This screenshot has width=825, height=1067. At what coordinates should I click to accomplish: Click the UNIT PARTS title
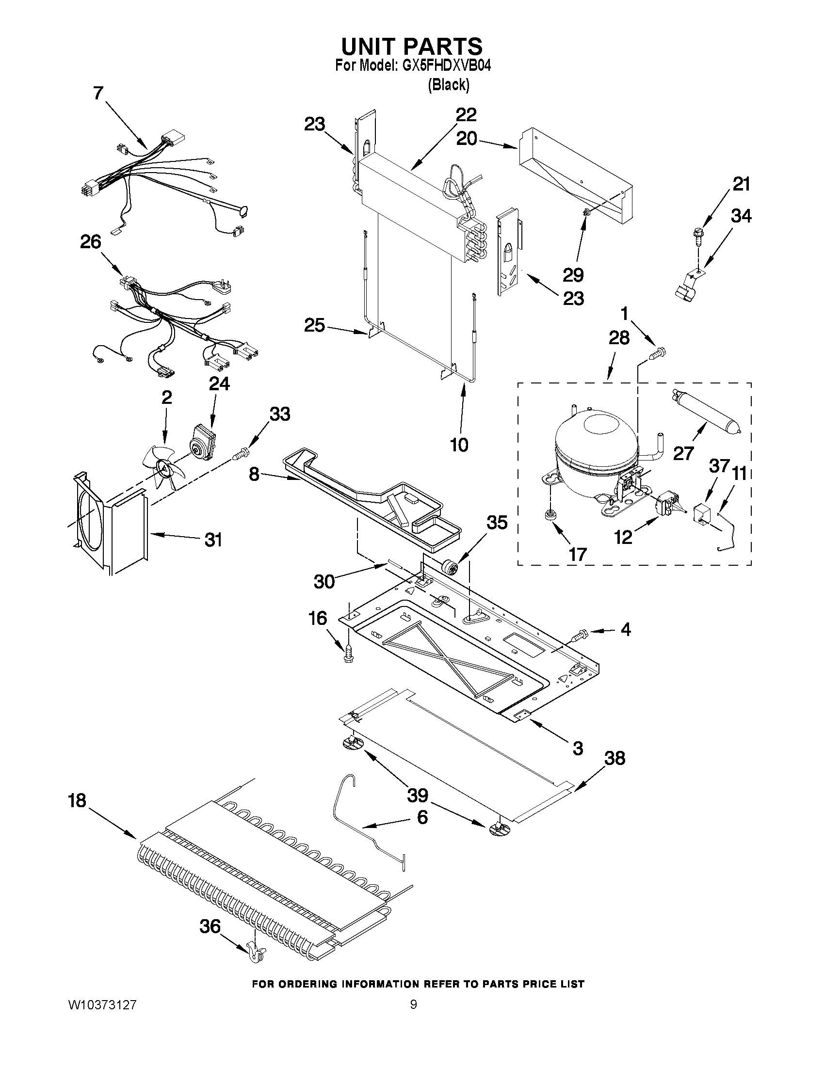tap(411, 47)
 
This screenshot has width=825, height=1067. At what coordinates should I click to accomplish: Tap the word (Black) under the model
tap(448, 85)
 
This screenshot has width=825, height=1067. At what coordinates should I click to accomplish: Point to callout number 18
tap(77, 801)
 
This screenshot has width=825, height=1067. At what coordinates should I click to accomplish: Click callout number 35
tap(497, 523)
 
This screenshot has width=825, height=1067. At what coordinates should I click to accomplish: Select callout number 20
tap(466, 139)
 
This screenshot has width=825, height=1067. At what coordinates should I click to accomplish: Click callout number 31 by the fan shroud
tap(212, 540)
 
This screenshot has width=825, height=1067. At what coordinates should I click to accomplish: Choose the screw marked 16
tap(348, 653)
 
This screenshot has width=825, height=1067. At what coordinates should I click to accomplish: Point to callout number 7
tap(98, 93)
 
